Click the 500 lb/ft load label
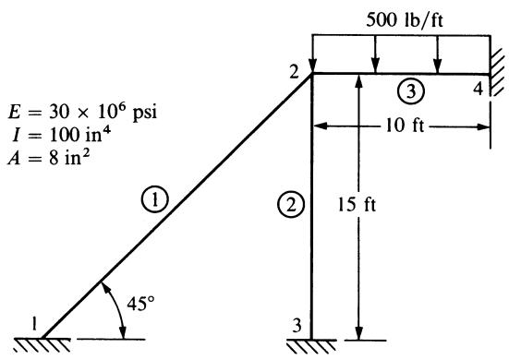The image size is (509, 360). coord(404,20)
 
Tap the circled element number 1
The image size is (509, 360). coord(155,199)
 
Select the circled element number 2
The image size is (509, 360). coord(291,205)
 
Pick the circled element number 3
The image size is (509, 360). coord(411,91)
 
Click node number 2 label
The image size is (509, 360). coord(294,73)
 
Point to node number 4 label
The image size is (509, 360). coord(479,89)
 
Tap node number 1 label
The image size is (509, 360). coord(34,323)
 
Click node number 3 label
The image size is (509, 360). coord(297,325)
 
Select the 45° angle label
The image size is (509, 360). coord(140,304)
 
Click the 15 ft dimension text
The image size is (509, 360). coord(357,205)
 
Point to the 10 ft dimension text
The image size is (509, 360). coord(405,126)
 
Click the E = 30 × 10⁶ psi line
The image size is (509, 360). coord(82,112)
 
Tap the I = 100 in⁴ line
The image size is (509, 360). coord(61,135)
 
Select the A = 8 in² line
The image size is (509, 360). coord(49,158)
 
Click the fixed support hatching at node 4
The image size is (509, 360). coord(497,72)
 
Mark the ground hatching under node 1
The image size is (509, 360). coord(42,345)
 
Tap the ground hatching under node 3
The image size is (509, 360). coord(311,346)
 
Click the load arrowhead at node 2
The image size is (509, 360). coord(312,67)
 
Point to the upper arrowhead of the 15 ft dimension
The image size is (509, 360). coord(358,82)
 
